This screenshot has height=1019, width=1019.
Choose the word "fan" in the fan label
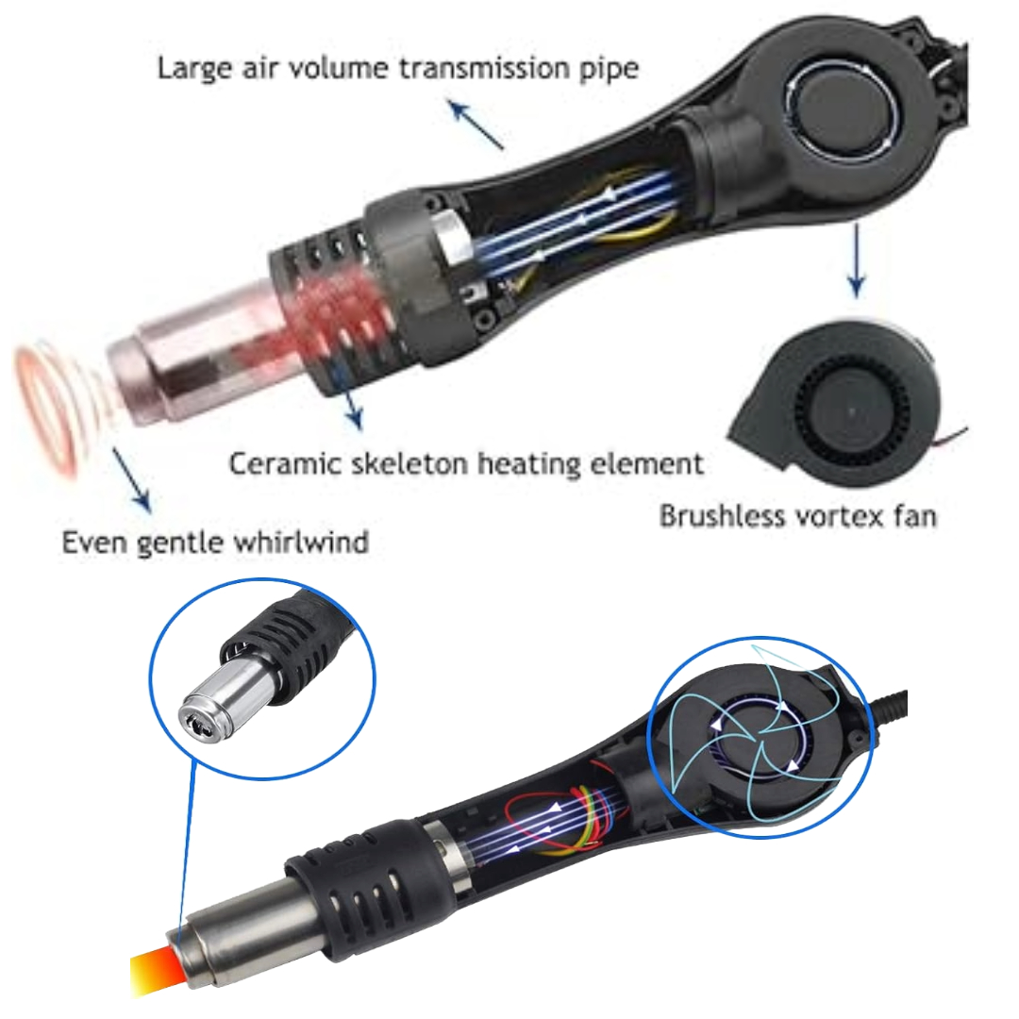tap(912, 516)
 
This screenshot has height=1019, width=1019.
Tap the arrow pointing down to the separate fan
tap(856, 259)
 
